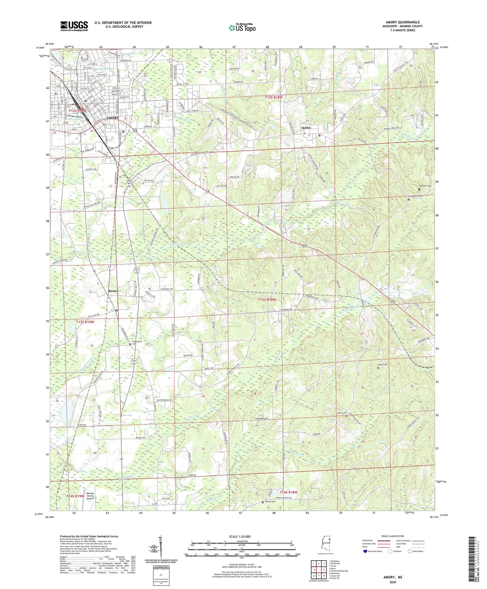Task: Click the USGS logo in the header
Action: tap(74, 26)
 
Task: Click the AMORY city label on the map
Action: tap(112, 118)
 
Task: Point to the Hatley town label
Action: tap(306, 128)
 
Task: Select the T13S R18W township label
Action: tap(267, 300)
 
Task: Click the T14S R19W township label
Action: tap(75, 496)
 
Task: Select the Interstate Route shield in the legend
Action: tap(366, 551)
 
